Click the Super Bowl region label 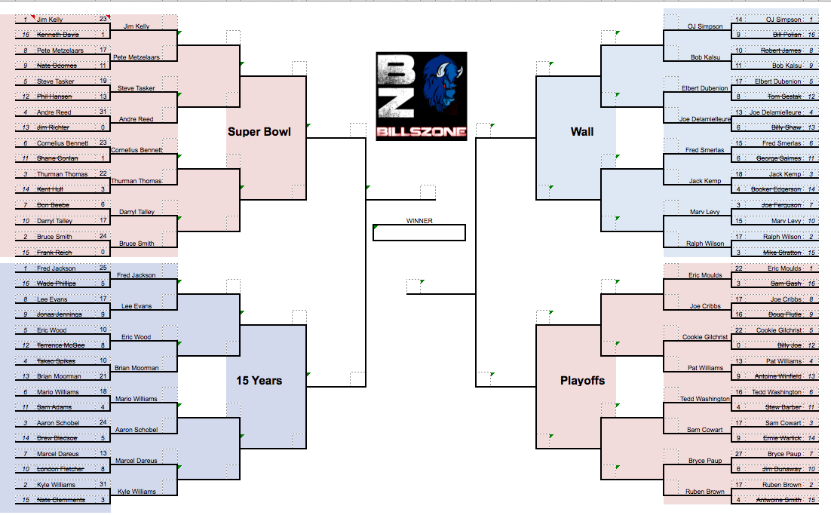point(259,133)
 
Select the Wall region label point(581,132)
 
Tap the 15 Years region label point(259,381)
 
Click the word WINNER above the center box point(419,221)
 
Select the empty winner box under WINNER point(419,233)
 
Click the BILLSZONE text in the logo point(422,133)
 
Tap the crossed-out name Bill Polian point(787,35)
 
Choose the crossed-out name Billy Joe point(790,345)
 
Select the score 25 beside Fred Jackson point(103,268)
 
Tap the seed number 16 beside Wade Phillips point(25,284)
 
